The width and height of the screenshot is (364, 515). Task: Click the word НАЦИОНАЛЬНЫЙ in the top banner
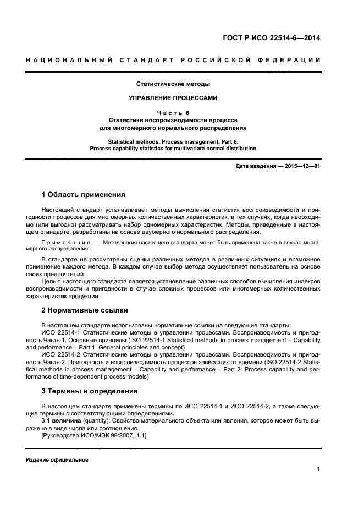pos(69,60)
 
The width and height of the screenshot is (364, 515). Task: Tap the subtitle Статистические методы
pos(173,84)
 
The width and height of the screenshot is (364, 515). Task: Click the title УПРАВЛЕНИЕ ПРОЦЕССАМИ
pos(173,98)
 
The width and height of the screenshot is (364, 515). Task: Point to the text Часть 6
pos(173,112)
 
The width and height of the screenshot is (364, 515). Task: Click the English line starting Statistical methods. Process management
pos(173,141)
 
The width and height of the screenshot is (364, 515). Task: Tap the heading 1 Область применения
pos(83,195)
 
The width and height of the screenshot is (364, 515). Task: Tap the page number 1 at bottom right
pos(318,469)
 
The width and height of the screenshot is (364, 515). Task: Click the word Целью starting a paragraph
pos(52,281)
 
